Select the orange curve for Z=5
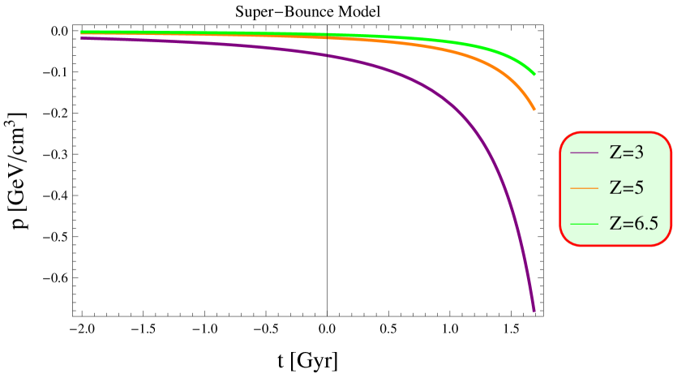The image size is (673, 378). point(487,60)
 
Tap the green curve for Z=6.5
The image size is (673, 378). point(487,49)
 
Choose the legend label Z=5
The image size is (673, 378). point(626,187)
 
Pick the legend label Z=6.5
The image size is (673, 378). point(634,223)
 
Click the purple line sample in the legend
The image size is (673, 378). point(584,152)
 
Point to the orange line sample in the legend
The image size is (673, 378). point(584,187)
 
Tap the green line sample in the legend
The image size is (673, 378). point(584,223)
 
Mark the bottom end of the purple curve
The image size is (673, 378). point(534,310)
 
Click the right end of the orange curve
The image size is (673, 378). point(534,109)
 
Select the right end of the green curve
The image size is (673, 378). point(534,74)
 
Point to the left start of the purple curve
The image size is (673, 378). point(82,37)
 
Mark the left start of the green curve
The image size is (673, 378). point(82,32)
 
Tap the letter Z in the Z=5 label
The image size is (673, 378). point(615,187)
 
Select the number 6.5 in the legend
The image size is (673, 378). point(645,223)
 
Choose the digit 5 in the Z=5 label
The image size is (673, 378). point(639,187)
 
